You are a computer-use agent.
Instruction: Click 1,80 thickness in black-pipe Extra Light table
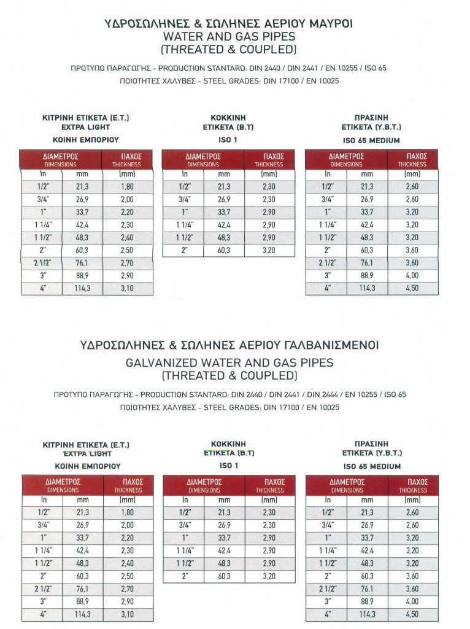[126, 186]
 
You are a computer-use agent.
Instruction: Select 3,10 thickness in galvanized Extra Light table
[126, 614]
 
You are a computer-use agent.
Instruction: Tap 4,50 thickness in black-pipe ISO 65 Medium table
[412, 288]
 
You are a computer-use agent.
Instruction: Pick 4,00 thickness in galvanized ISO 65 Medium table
[412, 601]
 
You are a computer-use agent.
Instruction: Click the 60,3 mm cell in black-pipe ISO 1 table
[224, 250]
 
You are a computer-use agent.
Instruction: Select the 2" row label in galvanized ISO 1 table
[183, 576]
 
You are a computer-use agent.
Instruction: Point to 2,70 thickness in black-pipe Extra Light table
[126, 263]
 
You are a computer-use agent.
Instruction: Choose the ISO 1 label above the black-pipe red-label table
[228, 139]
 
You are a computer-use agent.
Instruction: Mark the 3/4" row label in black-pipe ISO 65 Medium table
[326, 199]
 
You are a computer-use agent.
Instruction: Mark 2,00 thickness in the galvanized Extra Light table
[126, 525]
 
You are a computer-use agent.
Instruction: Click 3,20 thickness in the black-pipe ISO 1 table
[269, 250]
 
